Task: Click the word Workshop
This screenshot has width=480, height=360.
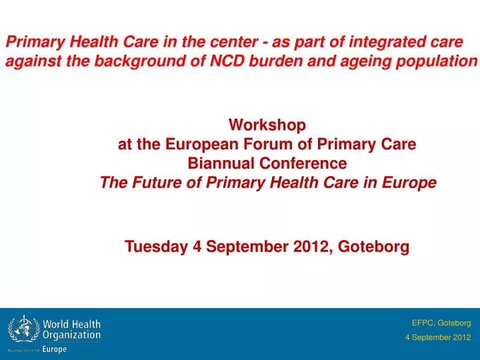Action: [x=267, y=125]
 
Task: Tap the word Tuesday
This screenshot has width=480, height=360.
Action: [x=157, y=247]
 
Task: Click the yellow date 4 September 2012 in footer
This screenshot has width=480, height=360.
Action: [x=438, y=337]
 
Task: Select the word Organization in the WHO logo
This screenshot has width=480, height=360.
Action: [x=71, y=335]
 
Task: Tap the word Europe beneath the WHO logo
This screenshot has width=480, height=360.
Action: [x=55, y=349]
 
